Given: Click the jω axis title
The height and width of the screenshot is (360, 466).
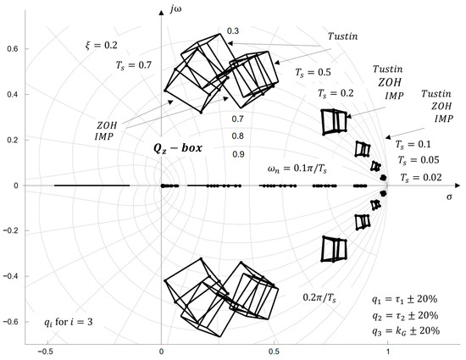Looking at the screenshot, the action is [x=176, y=9].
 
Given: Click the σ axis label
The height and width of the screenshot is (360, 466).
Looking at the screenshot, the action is [x=449, y=197].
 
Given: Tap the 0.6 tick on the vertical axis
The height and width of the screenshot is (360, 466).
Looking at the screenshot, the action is [x=12, y=49].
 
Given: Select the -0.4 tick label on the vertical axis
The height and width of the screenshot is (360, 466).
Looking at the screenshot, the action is [x=11, y=276].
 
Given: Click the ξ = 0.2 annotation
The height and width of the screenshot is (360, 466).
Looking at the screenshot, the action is [x=102, y=46].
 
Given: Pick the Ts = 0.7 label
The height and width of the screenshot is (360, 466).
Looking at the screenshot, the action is [x=134, y=65].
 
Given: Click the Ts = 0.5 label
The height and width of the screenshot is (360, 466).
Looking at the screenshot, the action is [x=313, y=73].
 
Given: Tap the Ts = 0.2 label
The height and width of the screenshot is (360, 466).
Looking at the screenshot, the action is [x=336, y=93].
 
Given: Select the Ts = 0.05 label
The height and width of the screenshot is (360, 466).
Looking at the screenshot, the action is [x=419, y=160].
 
